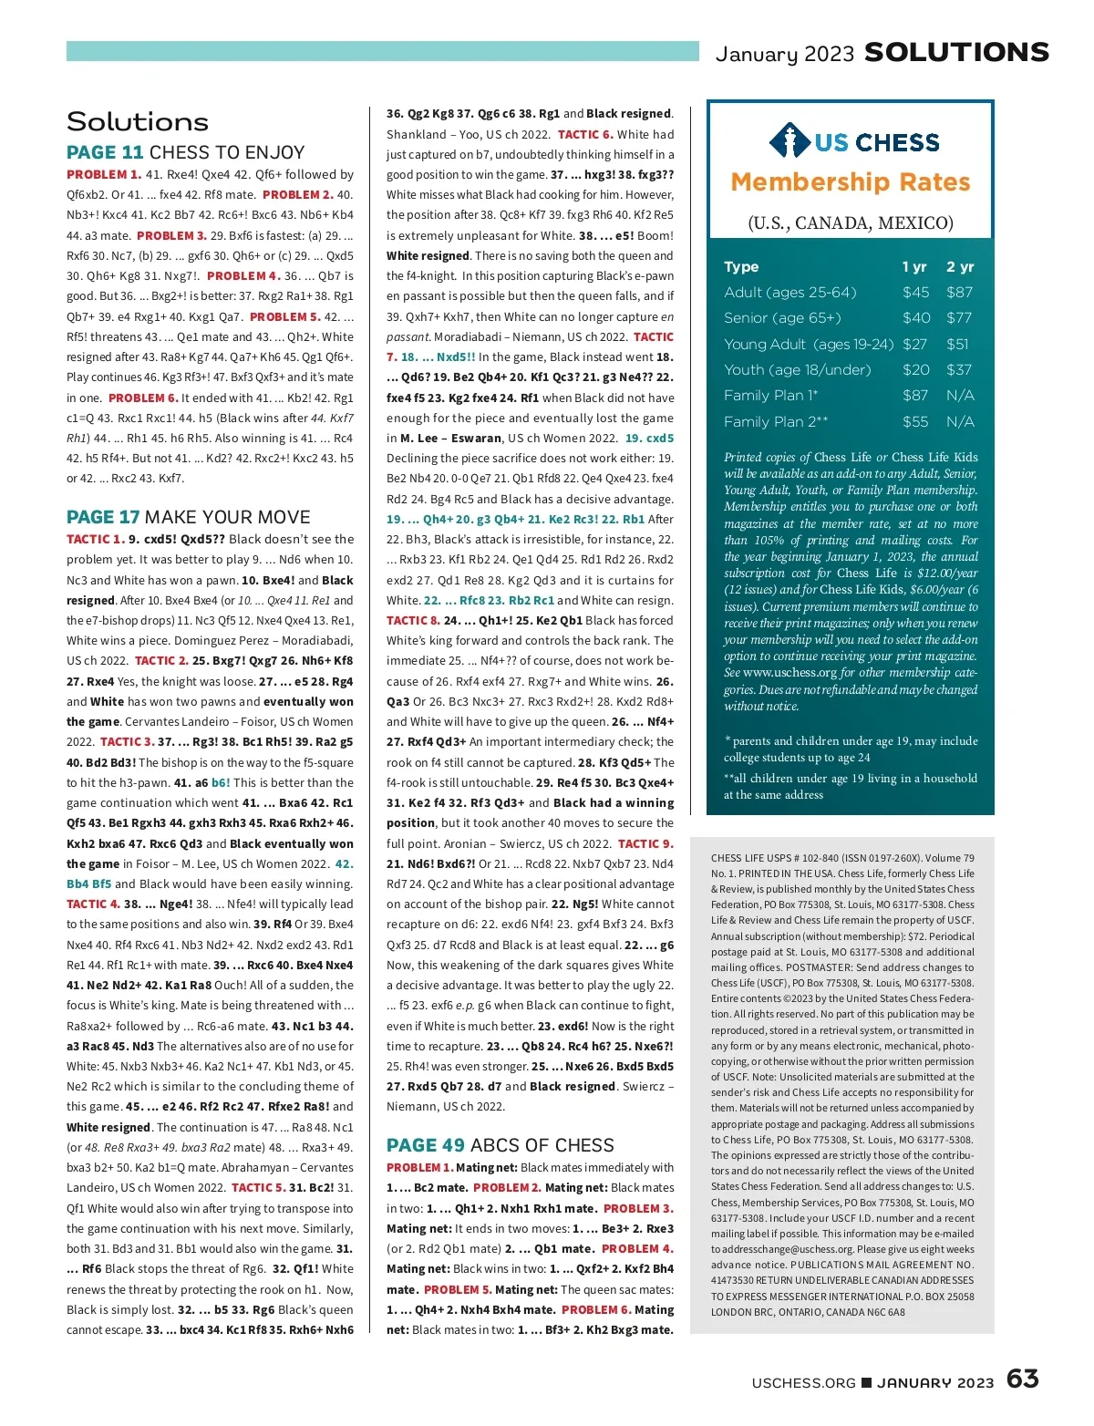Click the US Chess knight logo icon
coord(790,141)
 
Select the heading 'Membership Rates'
coord(850,182)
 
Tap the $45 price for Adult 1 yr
coord(915,293)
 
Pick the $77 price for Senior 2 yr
coord(959,318)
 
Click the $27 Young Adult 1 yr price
coord(914,345)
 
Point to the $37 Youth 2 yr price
coord(959,370)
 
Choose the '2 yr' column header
coord(960,267)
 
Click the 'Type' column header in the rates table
coord(741,267)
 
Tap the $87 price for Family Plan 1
coord(915,396)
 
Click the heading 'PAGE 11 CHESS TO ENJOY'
coord(185,152)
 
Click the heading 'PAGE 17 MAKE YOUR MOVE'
coord(188,517)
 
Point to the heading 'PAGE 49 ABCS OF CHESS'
coord(500,1145)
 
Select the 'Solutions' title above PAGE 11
coord(138,122)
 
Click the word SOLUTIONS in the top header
coord(956,53)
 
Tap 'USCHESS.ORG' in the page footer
coord(803,1383)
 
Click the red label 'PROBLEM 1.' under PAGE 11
coord(103,174)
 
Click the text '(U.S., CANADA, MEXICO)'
coord(850,223)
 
